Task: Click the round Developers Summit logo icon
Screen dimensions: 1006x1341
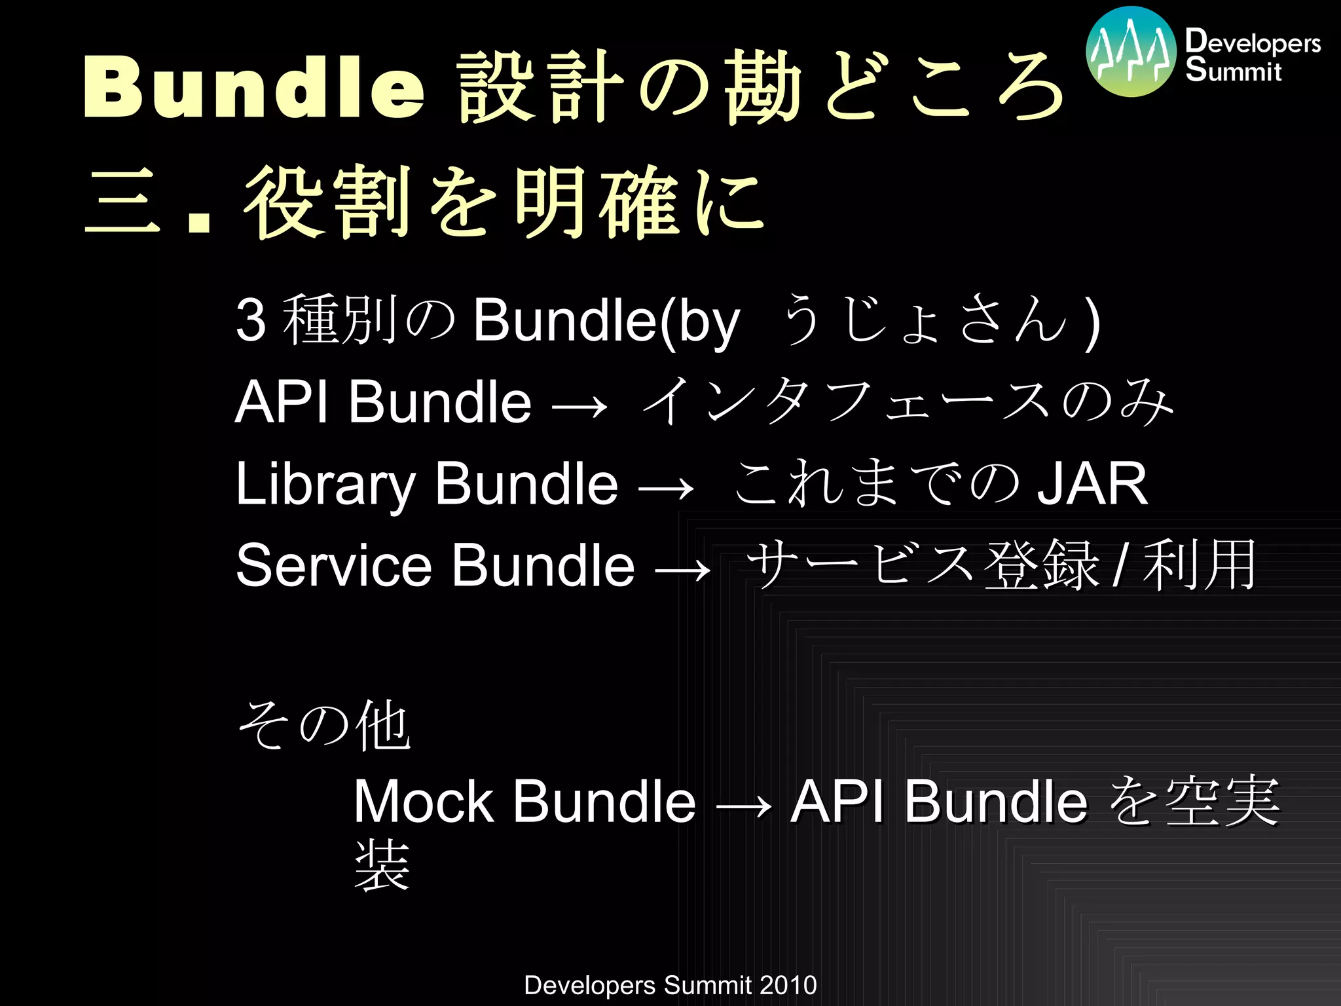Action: pos(1131,52)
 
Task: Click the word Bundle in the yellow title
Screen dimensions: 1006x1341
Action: pos(254,88)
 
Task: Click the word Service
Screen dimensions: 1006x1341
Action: pos(334,565)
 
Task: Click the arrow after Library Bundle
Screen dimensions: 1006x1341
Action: pos(665,488)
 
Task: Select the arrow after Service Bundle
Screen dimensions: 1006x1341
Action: pos(682,568)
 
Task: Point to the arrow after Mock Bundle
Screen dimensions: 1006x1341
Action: pos(744,805)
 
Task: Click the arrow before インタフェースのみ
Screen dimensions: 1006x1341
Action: pos(579,406)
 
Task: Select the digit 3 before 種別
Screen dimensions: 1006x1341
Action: pos(251,321)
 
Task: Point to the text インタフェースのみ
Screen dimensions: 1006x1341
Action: pos(908,401)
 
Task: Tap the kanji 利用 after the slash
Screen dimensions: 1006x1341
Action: pos(1199,565)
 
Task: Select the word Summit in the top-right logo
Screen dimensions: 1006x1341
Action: pos(1234,71)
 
